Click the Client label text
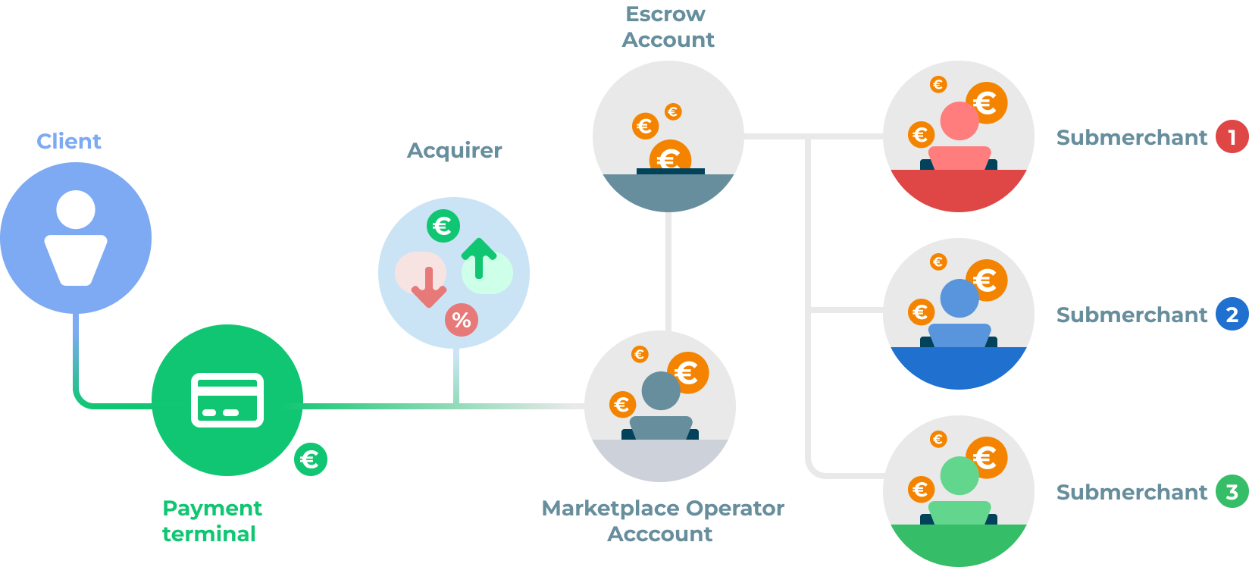69,141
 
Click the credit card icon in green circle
227,400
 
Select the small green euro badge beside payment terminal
310,459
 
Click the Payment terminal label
211,521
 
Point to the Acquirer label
455,150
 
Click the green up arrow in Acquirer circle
478,258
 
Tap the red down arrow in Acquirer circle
428,287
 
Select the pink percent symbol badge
461,320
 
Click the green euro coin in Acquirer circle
443,226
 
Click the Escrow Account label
667,27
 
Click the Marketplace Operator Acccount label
662,521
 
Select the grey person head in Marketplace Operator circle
661,390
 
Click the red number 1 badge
1232,137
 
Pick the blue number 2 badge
1232,315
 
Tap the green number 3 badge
1232,492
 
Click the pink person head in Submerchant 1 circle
959,121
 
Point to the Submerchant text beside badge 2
1132,315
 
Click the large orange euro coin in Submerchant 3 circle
986,458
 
